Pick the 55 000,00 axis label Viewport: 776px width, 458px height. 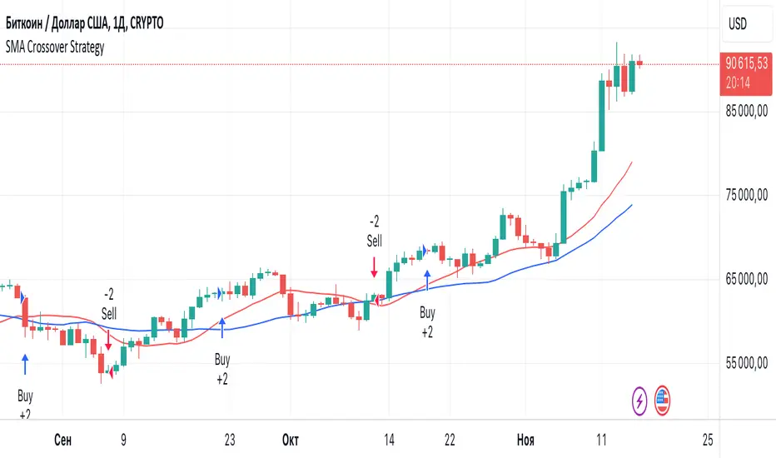(x=746, y=365)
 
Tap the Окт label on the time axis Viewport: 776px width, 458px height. (x=290, y=439)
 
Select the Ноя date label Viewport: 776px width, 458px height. (x=525, y=439)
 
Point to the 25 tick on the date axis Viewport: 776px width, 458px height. (x=708, y=439)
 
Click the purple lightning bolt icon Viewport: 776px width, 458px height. (x=639, y=401)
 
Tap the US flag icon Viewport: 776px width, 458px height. (x=662, y=401)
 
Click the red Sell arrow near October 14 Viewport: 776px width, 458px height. (x=375, y=267)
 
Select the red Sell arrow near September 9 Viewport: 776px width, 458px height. (x=109, y=340)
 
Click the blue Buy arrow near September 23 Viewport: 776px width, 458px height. (x=222, y=327)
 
